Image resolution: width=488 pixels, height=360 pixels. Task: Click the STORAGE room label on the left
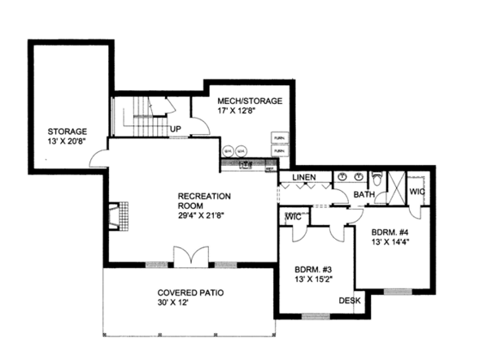pyautogui.click(x=67, y=131)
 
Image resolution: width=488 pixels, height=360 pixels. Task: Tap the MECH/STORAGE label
pyautogui.click(x=250, y=101)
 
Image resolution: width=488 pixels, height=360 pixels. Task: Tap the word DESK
pyautogui.click(x=351, y=301)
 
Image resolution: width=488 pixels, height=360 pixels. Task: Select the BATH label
pyautogui.click(x=364, y=195)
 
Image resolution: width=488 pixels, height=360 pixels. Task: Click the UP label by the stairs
pyautogui.click(x=175, y=128)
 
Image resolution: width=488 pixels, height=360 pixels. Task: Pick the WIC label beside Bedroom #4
pyautogui.click(x=417, y=191)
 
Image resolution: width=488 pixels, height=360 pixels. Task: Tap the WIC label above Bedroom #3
pyautogui.click(x=292, y=217)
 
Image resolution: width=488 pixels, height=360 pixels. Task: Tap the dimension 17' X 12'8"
pyautogui.click(x=238, y=111)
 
